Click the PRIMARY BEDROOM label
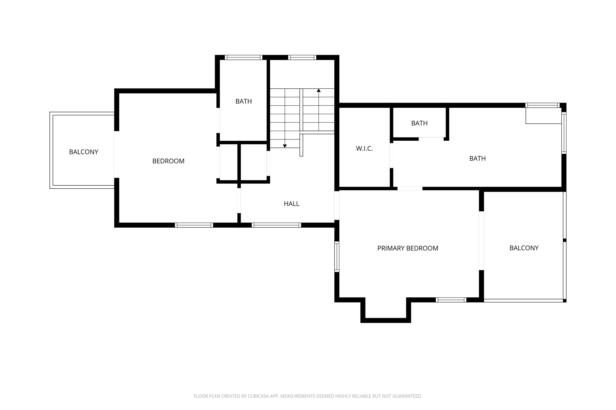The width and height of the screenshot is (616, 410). pos(408,248)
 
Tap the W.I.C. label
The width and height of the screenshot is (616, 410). pos(364,148)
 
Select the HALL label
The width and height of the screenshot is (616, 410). pos(292,204)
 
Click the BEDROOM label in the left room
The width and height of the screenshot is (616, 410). pos(168,161)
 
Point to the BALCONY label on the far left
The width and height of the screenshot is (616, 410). pos(84,152)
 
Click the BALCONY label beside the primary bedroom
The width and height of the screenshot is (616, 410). pos(524,248)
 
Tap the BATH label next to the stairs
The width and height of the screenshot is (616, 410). pos(244,101)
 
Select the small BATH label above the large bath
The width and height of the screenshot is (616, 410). pos(419,123)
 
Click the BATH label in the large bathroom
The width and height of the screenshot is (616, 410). pos(477,158)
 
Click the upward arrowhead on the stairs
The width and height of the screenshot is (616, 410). pos(319,90)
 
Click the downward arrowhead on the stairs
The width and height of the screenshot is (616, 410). pos(285,146)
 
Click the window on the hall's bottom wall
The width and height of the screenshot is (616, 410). pos(276,225)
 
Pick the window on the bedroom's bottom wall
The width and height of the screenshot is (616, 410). pos(194,225)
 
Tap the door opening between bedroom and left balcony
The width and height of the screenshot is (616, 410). pos(117,154)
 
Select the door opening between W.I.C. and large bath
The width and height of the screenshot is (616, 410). pos(392,155)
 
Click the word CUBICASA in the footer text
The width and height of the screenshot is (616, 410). pos(259,396)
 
